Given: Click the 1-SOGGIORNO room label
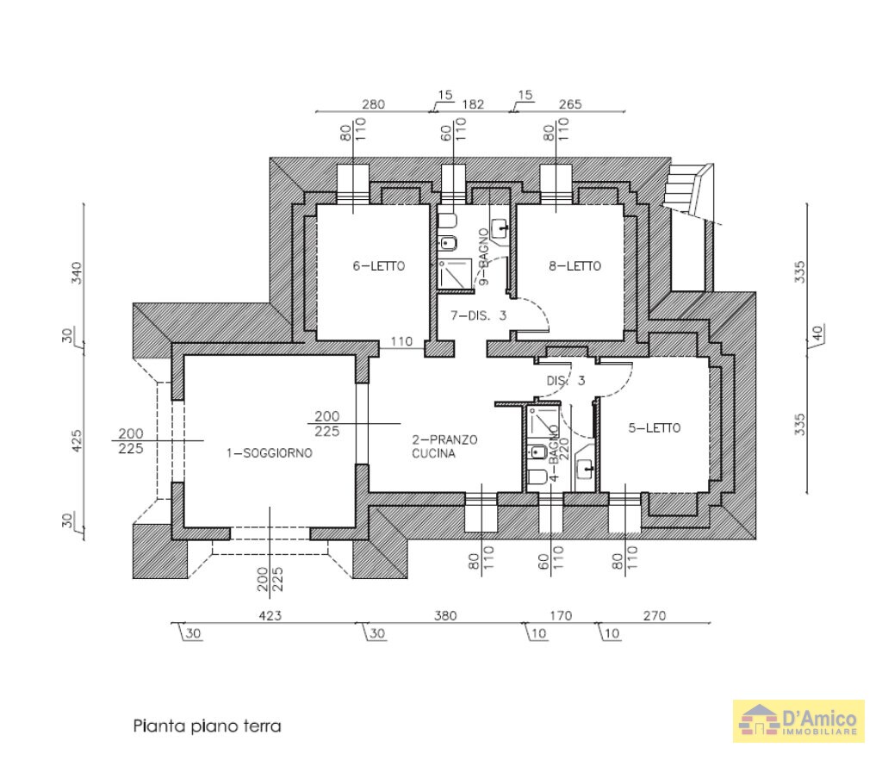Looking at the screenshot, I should tap(268, 452).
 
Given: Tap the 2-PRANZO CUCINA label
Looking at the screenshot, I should tap(444, 445).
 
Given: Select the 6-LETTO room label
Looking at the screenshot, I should tap(378, 266).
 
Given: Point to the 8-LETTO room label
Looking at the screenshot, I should tap(575, 266).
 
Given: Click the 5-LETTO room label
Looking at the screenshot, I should tap(655, 427).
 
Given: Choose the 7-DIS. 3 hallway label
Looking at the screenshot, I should tap(477, 315).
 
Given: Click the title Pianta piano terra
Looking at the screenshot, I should tap(207, 726).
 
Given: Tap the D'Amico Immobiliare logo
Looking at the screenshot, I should tap(798, 720).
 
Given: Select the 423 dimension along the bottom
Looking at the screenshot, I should tap(270, 615).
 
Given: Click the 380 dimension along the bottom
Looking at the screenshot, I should tap(445, 615).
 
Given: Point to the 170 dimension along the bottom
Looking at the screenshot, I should tap(560, 615).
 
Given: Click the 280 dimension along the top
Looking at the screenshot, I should tap(373, 104).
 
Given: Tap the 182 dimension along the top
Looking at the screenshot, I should tap(473, 104).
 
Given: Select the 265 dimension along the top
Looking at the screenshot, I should tap(570, 104).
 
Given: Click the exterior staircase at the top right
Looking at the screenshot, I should tap(686, 190).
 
